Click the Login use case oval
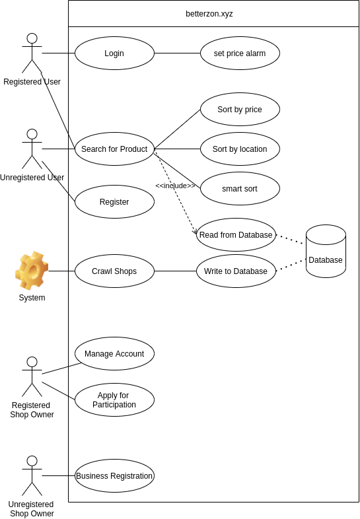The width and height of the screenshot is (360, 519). point(114,53)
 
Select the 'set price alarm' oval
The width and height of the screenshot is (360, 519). point(240,53)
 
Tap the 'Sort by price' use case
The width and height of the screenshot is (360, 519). point(240,109)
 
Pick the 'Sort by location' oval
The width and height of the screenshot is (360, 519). point(240,149)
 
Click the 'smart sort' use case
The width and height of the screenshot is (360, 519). point(240,188)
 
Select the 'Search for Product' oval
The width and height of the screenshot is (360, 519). point(114,149)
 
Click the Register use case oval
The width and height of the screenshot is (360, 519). point(114,201)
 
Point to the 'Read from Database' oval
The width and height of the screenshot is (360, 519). point(236,234)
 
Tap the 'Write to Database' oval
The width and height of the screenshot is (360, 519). point(236,271)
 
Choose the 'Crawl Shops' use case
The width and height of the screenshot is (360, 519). point(114,271)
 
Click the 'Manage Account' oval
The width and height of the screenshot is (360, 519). point(114,353)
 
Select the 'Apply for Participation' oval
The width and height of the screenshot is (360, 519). point(114,400)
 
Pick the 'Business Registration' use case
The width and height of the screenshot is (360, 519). point(114,475)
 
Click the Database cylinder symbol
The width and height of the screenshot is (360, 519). point(326,251)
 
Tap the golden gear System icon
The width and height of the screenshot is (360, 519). point(32,271)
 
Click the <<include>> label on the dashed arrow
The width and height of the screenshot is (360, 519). point(176,186)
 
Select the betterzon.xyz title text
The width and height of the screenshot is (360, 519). point(209,14)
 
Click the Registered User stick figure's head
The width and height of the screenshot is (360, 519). point(32,38)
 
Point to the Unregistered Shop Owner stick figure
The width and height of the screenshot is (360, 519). point(32,475)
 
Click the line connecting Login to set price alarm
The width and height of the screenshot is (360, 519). point(178,53)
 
